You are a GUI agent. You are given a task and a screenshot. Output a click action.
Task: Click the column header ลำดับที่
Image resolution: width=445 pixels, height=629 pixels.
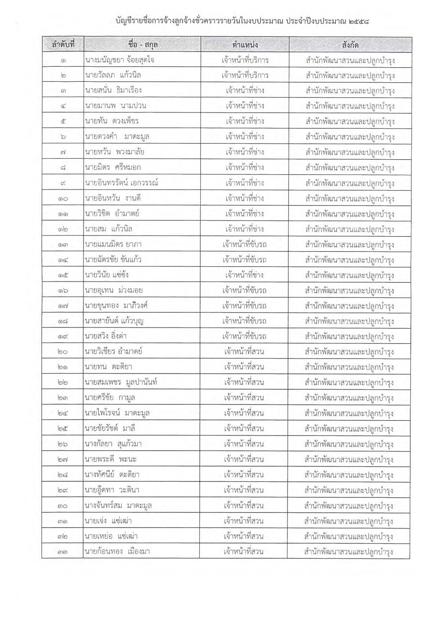tap(63, 45)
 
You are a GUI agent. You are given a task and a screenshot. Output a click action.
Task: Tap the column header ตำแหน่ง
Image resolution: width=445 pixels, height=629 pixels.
tap(245, 45)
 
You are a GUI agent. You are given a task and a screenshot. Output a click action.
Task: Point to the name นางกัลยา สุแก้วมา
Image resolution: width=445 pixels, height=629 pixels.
tap(113, 444)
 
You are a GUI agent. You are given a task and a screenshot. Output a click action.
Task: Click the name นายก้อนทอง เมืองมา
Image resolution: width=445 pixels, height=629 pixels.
tap(117, 552)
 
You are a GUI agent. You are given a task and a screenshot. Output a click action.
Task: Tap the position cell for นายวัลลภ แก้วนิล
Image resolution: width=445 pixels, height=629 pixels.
tap(245, 76)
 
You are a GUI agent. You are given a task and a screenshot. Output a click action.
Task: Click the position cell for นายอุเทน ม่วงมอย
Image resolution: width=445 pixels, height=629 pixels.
tap(245, 290)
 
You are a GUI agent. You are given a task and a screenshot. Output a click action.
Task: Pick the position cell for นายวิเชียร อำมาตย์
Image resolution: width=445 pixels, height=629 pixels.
tap(245, 352)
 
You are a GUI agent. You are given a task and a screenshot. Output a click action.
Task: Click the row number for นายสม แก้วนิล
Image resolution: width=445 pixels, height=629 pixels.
tap(63, 229)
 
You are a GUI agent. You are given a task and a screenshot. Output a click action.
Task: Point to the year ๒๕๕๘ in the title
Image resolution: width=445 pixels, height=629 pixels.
tap(360, 20)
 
